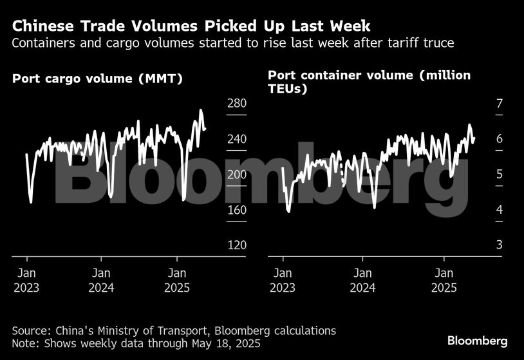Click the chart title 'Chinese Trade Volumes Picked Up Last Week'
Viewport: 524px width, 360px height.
point(191,27)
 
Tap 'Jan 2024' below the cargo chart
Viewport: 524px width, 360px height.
point(101,280)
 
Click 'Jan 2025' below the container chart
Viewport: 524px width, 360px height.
point(444,280)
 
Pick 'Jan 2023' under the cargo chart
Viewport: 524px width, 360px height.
point(26,280)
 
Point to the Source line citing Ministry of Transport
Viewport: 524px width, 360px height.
point(174,330)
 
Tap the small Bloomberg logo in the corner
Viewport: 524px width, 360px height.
point(477,341)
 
